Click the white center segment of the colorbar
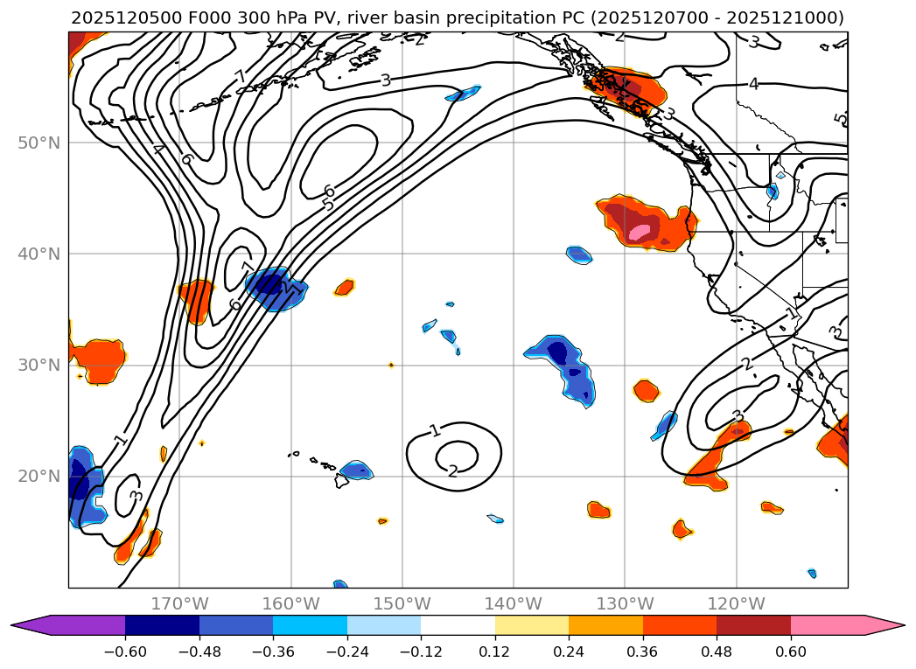(458, 625)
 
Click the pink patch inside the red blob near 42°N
(640, 232)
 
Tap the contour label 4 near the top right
(753, 84)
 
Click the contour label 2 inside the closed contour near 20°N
(452, 471)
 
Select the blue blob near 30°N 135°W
(564, 364)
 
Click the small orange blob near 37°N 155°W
(345, 287)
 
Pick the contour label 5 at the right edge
(838, 119)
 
